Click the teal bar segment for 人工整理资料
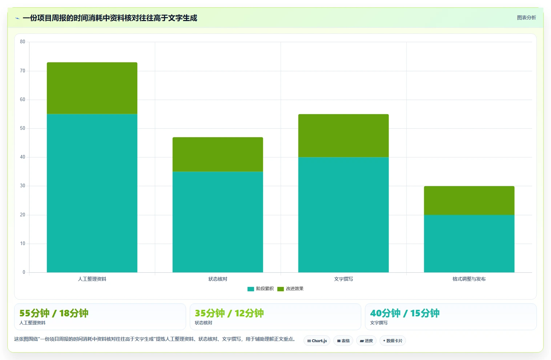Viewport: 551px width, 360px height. [92, 193]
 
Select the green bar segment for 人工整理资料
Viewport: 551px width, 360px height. [92, 88]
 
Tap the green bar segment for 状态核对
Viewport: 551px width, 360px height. [218, 154]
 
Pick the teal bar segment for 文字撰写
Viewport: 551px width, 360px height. [343, 215]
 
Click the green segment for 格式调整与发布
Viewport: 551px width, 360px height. [469, 200]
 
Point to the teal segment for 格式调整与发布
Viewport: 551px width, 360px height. [469, 243]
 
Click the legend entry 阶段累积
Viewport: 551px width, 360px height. [261, 289]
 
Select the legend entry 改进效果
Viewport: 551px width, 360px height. [290, 289]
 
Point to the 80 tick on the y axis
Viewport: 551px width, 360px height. [23, 41]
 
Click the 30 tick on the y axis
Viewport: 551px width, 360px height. [23, 186]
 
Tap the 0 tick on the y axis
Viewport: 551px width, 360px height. [24, 272]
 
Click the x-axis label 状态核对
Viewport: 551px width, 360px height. [218, 279]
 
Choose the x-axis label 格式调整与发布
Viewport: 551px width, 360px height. [469, 279]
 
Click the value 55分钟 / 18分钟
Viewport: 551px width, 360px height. [54, 313]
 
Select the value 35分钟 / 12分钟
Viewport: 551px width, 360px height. [229, 313]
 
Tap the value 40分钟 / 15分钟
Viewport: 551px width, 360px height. [405, 313]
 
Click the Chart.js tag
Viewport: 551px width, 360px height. [317, 341]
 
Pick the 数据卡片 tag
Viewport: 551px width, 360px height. [393, 341]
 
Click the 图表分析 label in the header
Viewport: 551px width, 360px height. [526, 18]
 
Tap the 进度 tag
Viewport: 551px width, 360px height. [366, 341]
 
